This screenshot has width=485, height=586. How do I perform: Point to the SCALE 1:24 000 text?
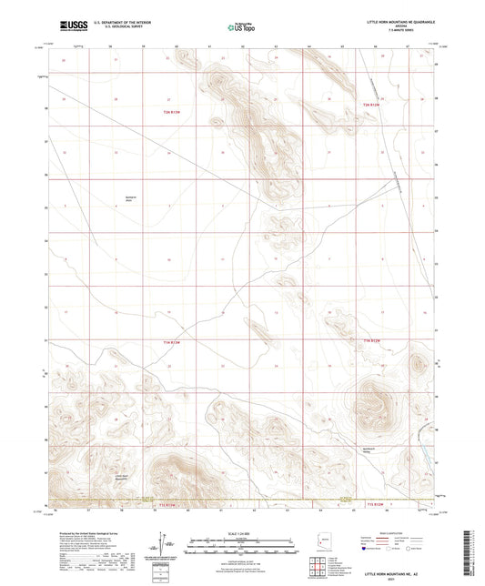tap(241, 534)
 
